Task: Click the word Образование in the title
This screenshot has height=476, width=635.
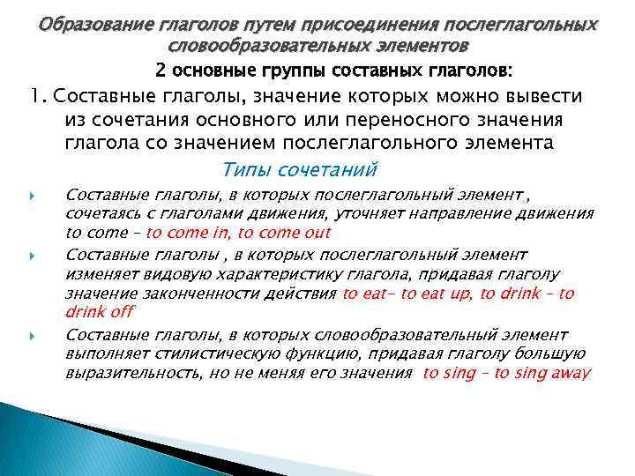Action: tap(85, 24)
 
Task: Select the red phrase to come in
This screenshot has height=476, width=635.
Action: tap(190, 233)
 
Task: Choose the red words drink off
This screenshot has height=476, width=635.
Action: tap(99, 313)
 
